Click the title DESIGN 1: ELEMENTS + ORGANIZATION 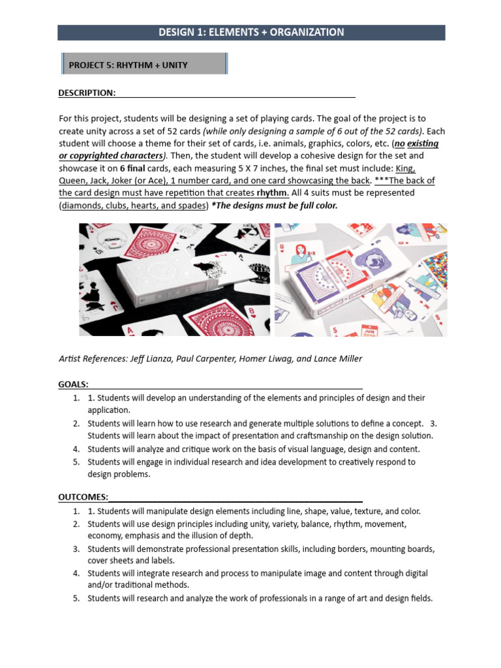point(251,32)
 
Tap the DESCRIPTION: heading point(87,93)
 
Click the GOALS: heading point(74,384)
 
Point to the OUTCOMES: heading point(83,498)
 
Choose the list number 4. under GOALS point(76,449)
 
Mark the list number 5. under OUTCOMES point(76,598)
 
